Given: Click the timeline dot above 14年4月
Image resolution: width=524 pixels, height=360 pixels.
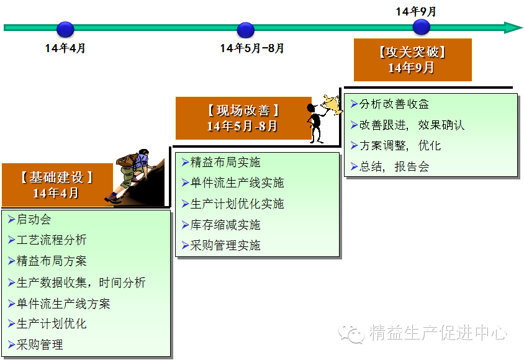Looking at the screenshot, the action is tap(65, 29).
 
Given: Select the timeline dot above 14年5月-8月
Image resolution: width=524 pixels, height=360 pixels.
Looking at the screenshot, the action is tap(246, 29).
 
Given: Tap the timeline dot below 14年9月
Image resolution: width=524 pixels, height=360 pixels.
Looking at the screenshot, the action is tap(422, 27).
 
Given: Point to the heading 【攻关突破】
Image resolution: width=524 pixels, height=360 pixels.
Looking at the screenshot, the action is tap(412, 53).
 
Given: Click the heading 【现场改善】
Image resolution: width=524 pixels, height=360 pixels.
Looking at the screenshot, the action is tap(242, 110).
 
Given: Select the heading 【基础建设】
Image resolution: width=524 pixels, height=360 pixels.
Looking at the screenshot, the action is tap(56, 177).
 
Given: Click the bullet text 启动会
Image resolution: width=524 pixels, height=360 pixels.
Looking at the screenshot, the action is tap(34, 219).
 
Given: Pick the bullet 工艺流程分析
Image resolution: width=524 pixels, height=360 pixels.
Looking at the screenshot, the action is tap(52, 240).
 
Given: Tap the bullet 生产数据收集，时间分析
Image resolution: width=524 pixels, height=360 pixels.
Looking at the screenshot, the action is tap(81, 282).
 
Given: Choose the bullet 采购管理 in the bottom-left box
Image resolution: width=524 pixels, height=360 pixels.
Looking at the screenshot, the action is tap(40, 344).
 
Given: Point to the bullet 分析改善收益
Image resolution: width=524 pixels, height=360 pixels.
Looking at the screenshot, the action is tap(394, 104).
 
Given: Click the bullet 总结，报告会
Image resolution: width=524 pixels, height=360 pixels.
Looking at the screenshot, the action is tap(394, 166).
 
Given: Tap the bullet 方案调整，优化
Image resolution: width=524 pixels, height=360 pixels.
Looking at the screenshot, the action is tap(400, 146).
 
